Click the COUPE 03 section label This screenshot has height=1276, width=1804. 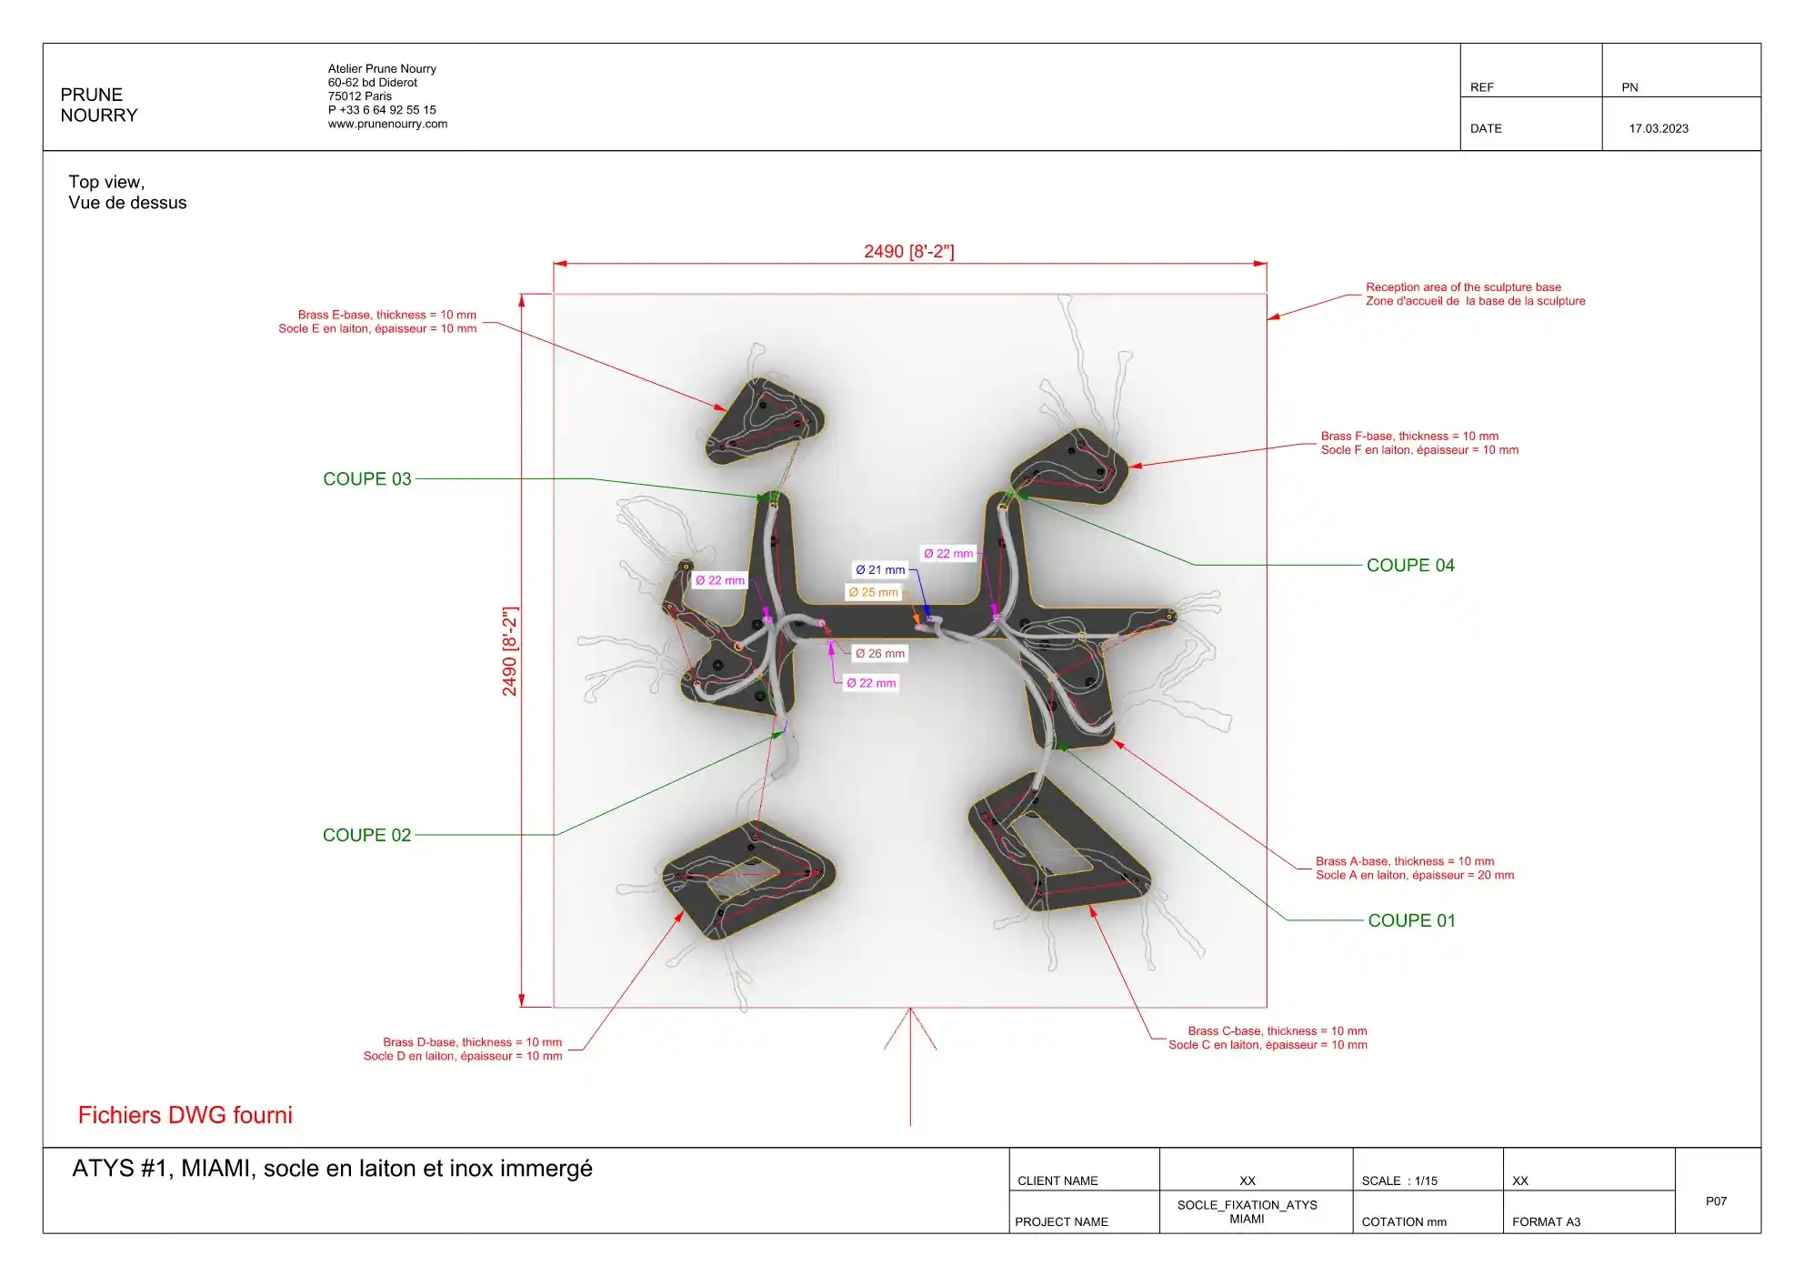pos(367,479)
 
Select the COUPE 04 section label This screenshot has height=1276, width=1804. pos(1410,566)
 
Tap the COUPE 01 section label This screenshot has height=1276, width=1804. pos(1411,921)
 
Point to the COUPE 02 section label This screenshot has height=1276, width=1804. pos(367,836)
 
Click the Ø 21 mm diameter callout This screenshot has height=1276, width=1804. pos(880,570)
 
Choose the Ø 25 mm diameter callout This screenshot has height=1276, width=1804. pos(873,593)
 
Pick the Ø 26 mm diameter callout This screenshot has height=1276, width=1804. pos(880,654)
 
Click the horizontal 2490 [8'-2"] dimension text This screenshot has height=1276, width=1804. pos(909,251)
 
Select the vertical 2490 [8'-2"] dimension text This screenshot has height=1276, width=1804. pos(509,651)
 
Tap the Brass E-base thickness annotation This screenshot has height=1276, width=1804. pos(377,322)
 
